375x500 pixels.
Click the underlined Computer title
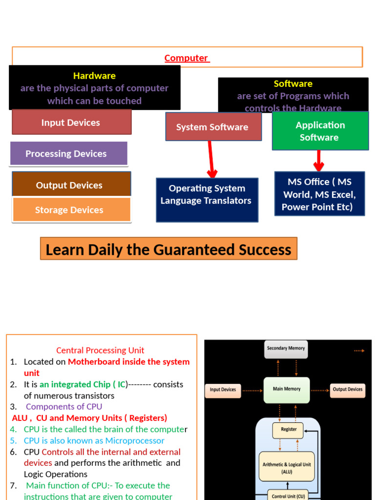(x=186, y=58)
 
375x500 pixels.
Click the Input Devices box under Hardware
(x=71, y=123)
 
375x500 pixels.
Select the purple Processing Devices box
(x=68, y=154)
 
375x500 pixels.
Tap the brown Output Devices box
(x=71, y=185)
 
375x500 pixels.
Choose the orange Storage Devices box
(x=71, y=210)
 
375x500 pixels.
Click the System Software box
(x=213, y=127)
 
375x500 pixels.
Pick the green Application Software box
(x=320, y=131)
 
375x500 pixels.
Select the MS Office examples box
(x=319, y=194)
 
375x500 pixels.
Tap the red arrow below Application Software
(x=319, y=161)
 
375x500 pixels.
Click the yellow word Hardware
(x=94, y=76)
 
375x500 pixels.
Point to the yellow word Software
(x=293, y=83)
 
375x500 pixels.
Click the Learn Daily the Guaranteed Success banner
(x=168, y=250)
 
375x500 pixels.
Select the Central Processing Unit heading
(x=100, y=350)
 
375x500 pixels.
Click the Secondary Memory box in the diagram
(x=286, y=349)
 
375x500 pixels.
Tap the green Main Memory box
(x=287, y=390)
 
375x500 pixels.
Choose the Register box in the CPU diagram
(x=288, y=430)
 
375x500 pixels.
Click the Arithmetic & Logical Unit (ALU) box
(x=286, y=468)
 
